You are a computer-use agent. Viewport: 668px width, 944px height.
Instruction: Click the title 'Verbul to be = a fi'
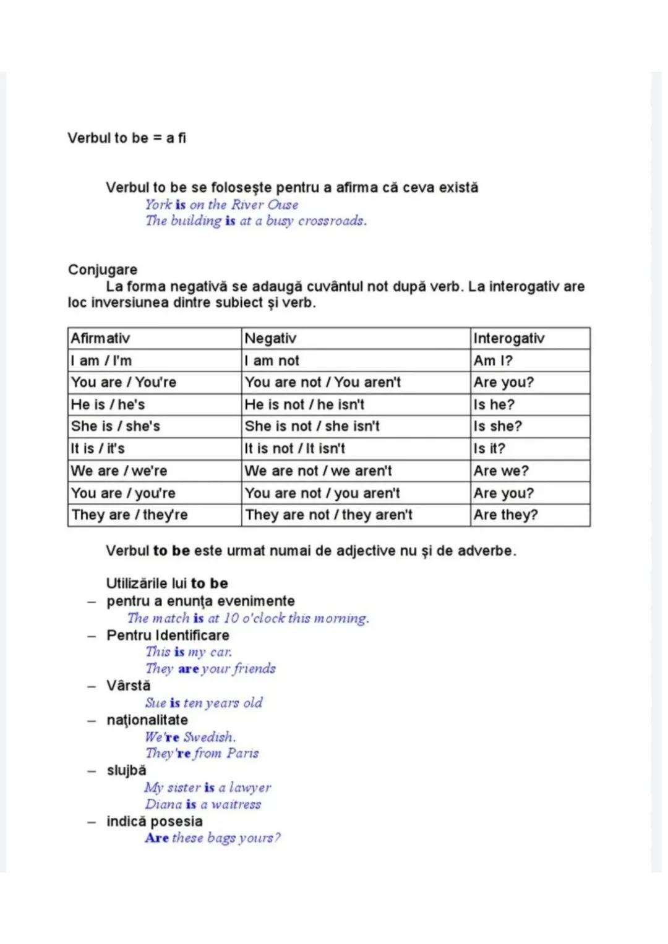pos(127,138)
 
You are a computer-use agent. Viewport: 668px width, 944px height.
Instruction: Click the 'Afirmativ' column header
pos(100,338)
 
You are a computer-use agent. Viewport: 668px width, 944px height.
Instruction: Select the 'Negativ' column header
pos(270,338)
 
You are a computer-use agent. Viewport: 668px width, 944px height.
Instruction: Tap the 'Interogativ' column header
pos(509,338)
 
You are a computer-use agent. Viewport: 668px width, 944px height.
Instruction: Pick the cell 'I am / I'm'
pos(101,360)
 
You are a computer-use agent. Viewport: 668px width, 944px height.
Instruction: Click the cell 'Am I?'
pos(493,360)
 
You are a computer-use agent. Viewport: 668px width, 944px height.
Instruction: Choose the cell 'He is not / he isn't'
pos(304,404)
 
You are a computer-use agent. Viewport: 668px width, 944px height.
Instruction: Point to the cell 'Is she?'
pos(498,426)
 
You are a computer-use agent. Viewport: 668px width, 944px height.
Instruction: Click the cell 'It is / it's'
pos(98,448)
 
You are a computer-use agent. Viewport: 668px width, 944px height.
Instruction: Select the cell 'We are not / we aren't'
pos(318,470)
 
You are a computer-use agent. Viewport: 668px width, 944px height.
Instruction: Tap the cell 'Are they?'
pos(506,514)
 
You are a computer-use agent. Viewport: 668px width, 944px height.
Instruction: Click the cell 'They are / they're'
pos(129,514)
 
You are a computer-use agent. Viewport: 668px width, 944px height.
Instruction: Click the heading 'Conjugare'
pos(103,270)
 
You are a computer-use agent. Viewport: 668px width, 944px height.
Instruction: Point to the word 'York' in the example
pos(158,205)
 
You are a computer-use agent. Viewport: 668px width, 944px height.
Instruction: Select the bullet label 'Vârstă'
pos(129,686)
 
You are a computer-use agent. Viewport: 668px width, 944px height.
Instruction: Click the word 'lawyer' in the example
pos(250,788)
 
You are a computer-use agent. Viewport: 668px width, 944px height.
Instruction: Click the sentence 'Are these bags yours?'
pos(213,838)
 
